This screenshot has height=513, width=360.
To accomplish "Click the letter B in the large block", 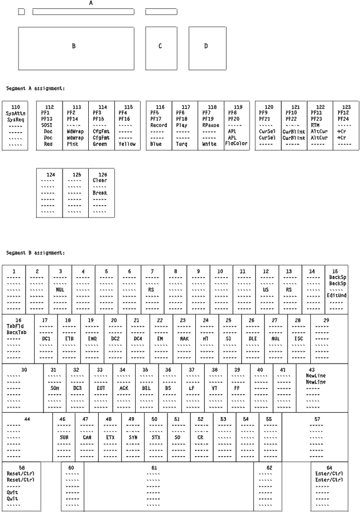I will click(73, 46).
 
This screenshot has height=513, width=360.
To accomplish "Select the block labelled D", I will click(205, 46).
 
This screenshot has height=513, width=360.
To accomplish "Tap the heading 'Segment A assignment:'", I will click(36, 88).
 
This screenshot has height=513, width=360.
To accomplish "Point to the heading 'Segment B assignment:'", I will click(36, 253).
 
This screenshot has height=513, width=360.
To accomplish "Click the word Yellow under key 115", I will click(127, 144).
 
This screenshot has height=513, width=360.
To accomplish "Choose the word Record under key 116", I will click(159, 125).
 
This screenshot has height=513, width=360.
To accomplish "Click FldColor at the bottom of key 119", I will click(237, 144).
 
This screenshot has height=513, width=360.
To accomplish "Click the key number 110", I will click(16, 107).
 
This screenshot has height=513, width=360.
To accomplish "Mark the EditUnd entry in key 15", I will click(338, 295).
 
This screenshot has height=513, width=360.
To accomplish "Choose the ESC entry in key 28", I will click(299, 338).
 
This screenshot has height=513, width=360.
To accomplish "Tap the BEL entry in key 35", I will click(146, 388).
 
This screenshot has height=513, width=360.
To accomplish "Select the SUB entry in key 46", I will click(64, 438).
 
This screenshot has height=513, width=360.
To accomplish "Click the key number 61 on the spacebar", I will click(154, 467).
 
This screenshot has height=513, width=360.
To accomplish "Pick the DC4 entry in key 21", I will click(137, 338).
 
